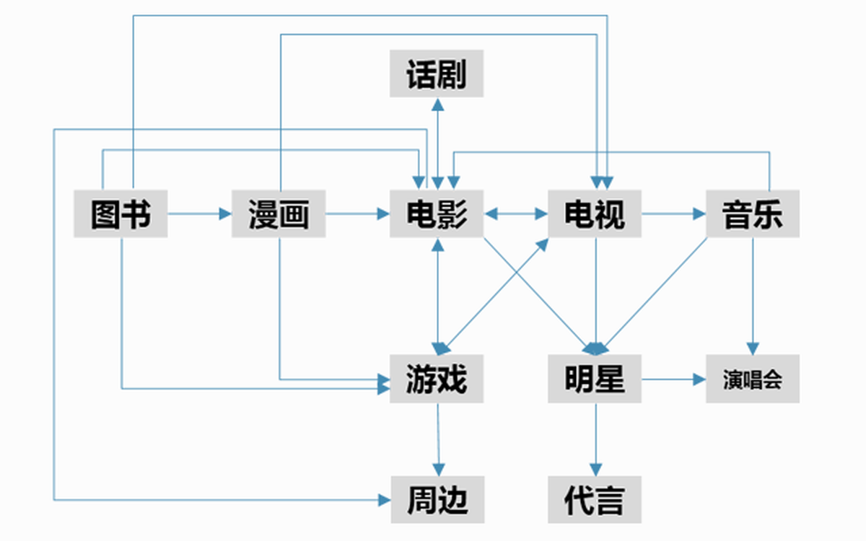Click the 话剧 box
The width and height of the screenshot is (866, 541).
(x=437, y=74)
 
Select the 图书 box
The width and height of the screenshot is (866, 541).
(x=121, y=214)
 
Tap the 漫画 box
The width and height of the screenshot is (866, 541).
(x=279, y=214)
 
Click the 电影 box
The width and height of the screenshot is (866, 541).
(x=437, y=214)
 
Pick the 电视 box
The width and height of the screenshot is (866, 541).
(x=595, y=214)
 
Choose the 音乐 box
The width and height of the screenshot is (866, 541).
(x=753, y=214)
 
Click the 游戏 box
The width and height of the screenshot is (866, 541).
(x=437, y=378)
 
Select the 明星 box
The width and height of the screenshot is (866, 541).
(x=595, y=378)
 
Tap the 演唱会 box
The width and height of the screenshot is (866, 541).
(x=753, y=378)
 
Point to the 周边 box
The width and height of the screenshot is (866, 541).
(x=438, y=499)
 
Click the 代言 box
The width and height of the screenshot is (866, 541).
(x=595, y=499)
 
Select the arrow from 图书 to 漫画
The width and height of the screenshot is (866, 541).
(x=199, y=214)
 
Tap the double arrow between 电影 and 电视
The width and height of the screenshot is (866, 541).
(x=515, y=214)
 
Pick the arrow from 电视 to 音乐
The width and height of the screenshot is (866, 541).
(x=673, y=214)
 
